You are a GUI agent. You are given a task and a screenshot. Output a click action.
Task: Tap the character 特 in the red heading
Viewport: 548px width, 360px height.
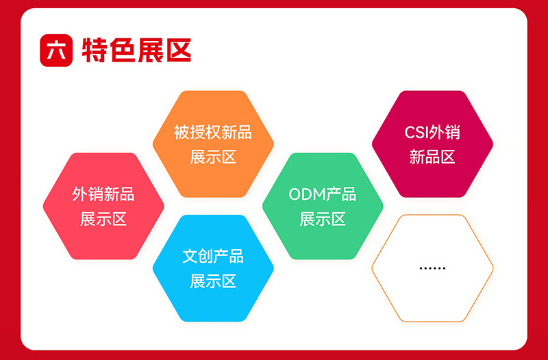95,50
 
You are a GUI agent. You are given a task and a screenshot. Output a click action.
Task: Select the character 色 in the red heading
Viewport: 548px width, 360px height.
123,50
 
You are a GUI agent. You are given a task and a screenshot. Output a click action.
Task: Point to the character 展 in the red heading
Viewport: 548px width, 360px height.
151,50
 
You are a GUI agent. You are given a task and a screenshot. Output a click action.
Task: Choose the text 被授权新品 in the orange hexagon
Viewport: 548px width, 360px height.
212,132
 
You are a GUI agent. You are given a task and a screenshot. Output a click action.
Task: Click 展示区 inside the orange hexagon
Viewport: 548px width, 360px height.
212,157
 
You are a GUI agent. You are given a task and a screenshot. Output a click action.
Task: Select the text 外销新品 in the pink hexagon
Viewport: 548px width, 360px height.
103,194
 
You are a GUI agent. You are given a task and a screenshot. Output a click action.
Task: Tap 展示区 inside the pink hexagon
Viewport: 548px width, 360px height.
103,219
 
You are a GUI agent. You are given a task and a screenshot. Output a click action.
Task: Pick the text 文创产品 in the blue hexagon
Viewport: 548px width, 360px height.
212,257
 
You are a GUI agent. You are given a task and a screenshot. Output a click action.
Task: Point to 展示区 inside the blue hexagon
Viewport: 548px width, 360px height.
212,281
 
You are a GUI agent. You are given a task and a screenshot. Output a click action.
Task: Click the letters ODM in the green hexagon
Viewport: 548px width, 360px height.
306,194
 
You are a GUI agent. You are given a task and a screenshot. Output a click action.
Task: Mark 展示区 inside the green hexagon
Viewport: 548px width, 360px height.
323,219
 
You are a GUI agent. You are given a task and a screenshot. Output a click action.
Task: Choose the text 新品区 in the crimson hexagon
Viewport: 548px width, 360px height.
432,157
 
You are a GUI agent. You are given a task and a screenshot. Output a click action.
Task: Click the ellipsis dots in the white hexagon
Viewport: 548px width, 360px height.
432,268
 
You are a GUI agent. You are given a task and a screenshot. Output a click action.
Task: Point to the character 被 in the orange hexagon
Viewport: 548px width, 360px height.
181,132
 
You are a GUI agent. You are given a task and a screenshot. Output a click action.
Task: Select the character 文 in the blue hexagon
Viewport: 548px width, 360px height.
190,257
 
